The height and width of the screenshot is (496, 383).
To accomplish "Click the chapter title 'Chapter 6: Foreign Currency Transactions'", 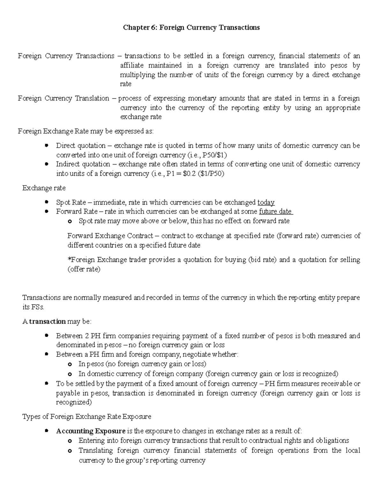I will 191,27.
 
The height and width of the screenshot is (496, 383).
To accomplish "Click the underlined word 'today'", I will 266,202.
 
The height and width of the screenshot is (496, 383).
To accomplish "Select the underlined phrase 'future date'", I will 275,211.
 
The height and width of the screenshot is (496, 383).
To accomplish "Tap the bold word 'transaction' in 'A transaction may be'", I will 48,321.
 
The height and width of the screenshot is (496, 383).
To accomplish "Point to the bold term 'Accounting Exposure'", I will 91,431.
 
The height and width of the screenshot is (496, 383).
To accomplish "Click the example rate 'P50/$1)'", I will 216,155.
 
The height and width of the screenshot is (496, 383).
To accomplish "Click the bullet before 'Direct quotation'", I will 47,146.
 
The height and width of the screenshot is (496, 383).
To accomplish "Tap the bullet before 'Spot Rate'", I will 47,202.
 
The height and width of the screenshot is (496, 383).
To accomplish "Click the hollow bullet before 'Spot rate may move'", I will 70,221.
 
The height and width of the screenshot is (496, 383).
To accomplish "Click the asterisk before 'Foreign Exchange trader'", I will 69,259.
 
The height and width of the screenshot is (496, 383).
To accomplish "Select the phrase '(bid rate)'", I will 262,260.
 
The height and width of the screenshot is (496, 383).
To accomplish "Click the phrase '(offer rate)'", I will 84,269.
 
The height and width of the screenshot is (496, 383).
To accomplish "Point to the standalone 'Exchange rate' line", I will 44,188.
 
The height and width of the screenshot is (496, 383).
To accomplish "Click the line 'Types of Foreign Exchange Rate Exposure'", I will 86,417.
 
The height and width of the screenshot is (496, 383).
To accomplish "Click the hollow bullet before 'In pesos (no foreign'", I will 70,364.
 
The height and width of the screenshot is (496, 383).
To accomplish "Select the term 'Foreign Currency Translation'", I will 64,98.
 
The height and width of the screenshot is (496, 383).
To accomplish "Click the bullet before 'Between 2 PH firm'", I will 47,336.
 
